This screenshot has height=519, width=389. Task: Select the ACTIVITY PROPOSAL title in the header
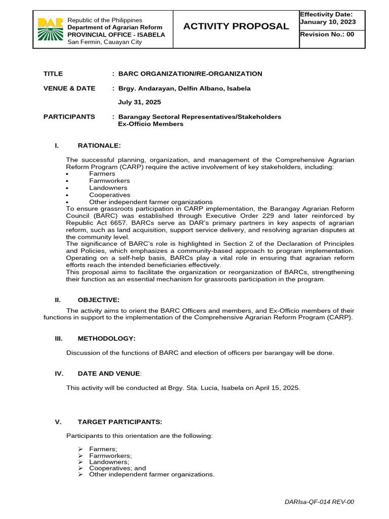click(236, 26)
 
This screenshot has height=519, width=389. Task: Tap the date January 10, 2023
click(327, 22)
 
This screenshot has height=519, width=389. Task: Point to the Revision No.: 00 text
click(327, 34)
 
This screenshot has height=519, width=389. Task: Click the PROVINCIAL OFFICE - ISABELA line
click(116, 34)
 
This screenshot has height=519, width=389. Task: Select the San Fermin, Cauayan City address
click(105, 42)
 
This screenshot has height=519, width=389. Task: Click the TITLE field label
click(53, 74)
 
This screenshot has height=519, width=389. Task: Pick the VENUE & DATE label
click(69, 89)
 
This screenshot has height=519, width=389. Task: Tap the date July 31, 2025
click(139, 102)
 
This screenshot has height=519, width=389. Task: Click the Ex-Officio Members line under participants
click(150, 124)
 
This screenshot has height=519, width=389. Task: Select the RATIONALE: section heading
click(99, 146)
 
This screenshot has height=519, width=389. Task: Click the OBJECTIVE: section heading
click(99, 300)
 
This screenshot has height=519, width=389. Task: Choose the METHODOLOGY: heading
click(106, 339)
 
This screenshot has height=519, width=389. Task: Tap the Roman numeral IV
click(58, 374)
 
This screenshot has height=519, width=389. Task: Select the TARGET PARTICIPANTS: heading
click(120, 422)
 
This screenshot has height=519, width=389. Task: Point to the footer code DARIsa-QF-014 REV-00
click(320, 502)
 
